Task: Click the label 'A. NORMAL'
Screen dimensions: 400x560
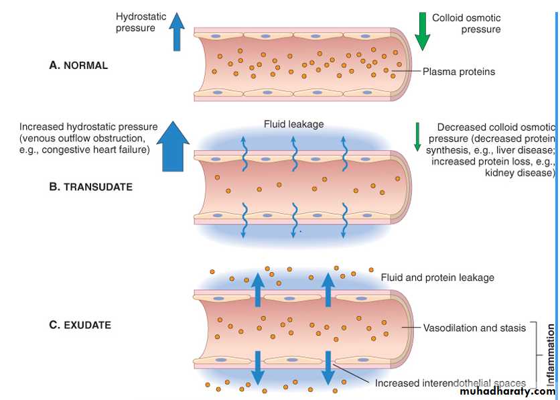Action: coord(78,66)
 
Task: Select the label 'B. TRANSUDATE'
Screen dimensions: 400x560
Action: coord(90,188)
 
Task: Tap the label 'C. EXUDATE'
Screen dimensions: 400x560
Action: coord(80,326)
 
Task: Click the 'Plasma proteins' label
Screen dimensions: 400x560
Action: coord(459,72)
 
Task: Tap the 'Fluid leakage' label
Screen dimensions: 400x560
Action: coord(293,124)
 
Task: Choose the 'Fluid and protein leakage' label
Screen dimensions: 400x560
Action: coord(437,277)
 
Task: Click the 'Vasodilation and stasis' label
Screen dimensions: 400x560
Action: coord(474,328)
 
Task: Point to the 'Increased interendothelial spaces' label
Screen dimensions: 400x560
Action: coord(450,383)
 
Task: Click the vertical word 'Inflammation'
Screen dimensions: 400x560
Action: coord(551,355)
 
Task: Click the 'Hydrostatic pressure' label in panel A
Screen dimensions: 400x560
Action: coord(135,22)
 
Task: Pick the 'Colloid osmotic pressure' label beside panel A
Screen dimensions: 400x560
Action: coord(466,23)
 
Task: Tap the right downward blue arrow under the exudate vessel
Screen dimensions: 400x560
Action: coord(328,367)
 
